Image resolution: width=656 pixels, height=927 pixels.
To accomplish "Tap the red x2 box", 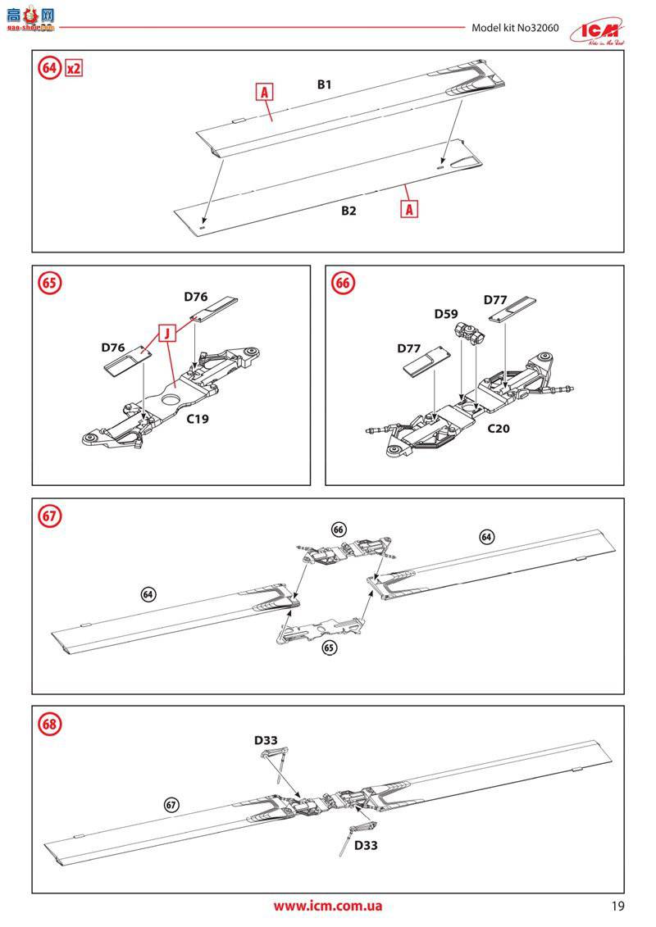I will [x=74, y=68].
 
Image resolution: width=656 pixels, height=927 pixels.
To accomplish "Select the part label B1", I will [x=324, y=84].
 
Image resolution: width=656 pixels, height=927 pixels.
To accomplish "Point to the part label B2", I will [x=348, y=211].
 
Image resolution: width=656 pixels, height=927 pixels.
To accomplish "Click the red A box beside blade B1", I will [x=265, y=93].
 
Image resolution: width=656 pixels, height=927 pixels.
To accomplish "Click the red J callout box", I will [x=166, y=333].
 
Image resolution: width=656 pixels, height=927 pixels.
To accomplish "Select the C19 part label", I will [x=198, y=419].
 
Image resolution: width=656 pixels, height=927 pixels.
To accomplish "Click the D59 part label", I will [x=446, y=313].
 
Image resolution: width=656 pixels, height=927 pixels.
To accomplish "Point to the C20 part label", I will [x=499, y=428].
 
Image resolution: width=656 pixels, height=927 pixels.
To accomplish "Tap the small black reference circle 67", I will [x=171, y=804].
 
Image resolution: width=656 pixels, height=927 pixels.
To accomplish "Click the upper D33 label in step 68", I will [x=266, y=740].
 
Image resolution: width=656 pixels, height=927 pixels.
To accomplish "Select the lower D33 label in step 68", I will [x=366, y=845].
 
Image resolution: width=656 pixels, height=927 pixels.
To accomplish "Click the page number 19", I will [x=617, y=907].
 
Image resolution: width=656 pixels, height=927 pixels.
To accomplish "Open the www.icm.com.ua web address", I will [x=327, y=906].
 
